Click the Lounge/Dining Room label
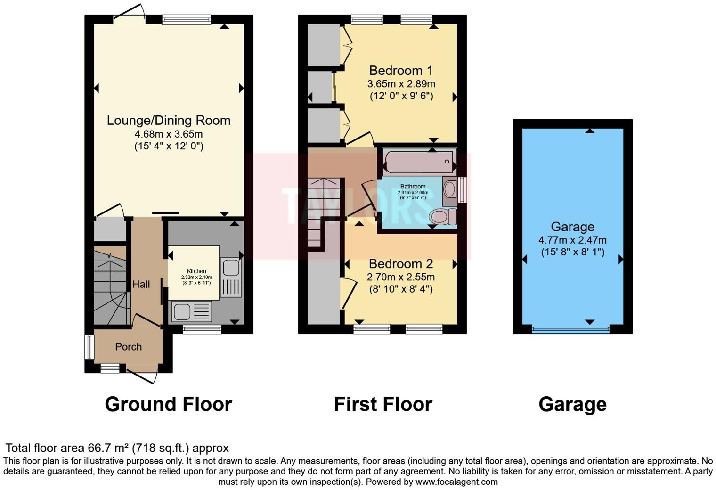point(169,121)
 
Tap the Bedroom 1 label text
point(401,71)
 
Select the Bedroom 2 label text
point(401,264)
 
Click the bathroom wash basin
point(450,189)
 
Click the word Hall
point(141,284)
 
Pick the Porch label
point(129,347)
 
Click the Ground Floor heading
point(168,404)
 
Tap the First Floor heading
point(383,404)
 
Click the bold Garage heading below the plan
point(572,404)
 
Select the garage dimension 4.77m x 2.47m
point(572,240)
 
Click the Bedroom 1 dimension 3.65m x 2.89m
point(401,84)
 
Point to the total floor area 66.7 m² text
point(117,448)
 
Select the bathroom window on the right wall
point(463,189)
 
